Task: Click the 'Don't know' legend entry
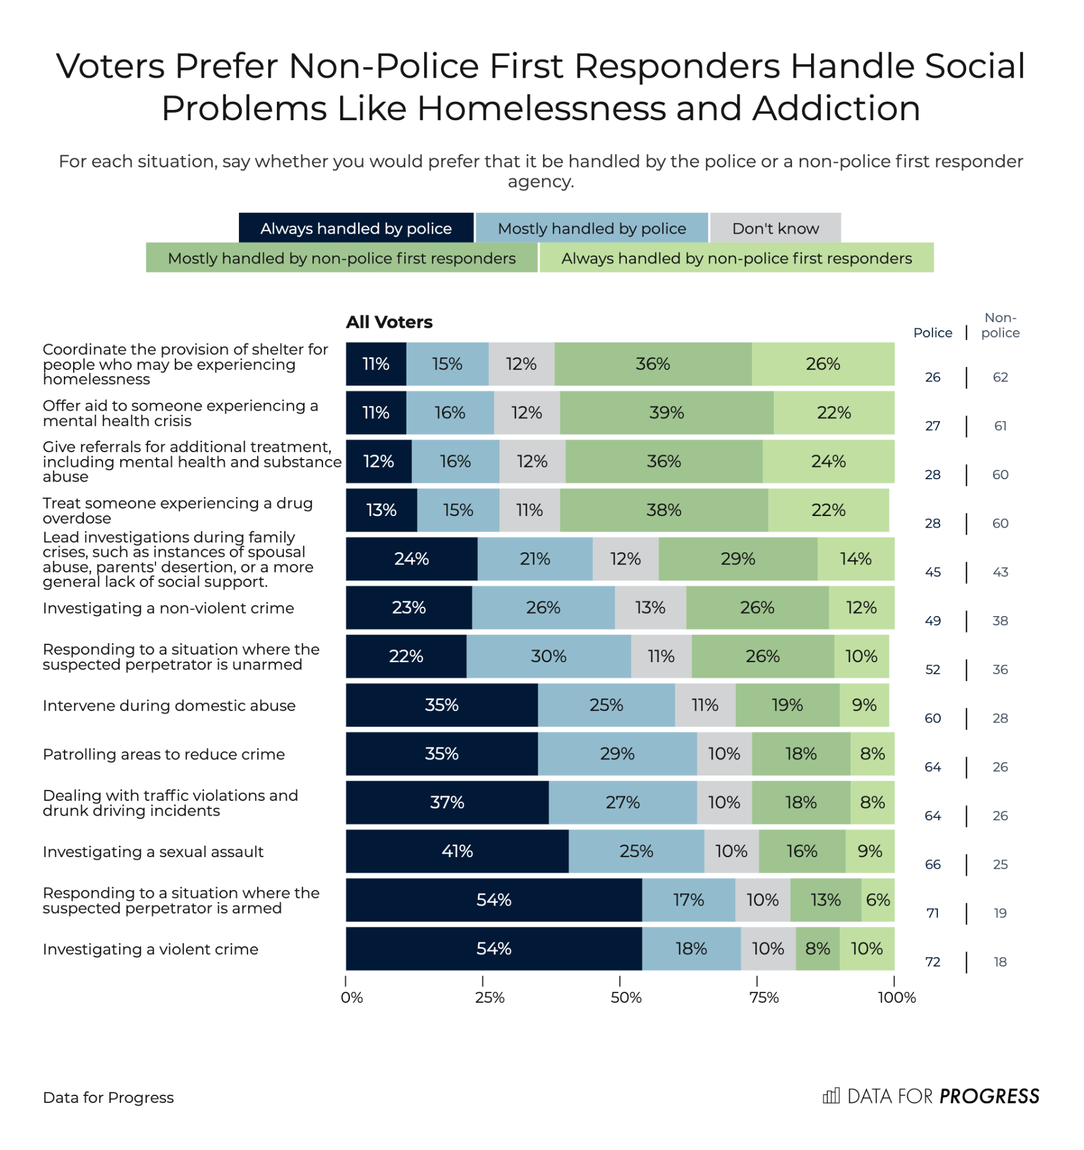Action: pos(775,228)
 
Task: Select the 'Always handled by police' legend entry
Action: pos(356,228)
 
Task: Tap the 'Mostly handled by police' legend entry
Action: pos(591,228)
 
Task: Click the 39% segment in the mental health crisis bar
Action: pos(666,412)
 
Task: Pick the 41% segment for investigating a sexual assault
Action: pos(457,851)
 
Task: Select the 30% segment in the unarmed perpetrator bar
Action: pos(548,656)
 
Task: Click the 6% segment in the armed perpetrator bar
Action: pos(877,900)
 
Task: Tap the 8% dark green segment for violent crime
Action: pos(817,948)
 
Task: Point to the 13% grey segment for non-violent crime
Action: pos(650,608)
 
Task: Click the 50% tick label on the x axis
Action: pos(626,998)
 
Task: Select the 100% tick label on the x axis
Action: pos(896,998)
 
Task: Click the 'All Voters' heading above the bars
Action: pos(389,322)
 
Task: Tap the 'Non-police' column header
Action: pos(1000,325)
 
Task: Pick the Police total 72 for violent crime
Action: pos(933,962)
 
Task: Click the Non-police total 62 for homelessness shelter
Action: pos(1000,377)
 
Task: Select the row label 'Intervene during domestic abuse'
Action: pos(169,705)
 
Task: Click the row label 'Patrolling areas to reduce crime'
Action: pos(164,754)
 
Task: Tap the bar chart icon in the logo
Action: pos(831,1095)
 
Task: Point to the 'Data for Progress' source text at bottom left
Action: pos(108,1097)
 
